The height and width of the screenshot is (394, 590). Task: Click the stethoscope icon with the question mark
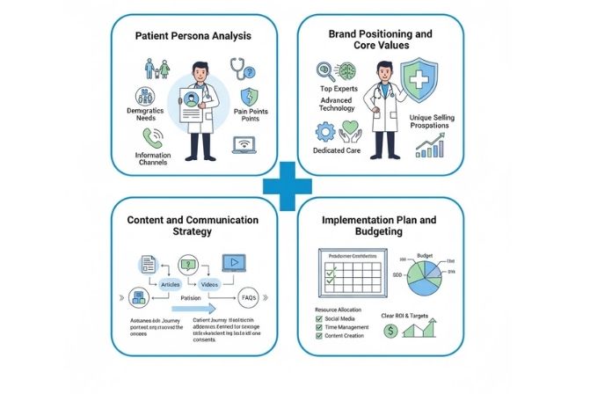(x=242, y=69)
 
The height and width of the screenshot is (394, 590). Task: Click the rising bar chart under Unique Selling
(x=430, y=145)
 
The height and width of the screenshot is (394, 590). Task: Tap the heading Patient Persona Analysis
(x=193, y=36)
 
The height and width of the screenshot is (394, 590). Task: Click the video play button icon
(x=234, y=261)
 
